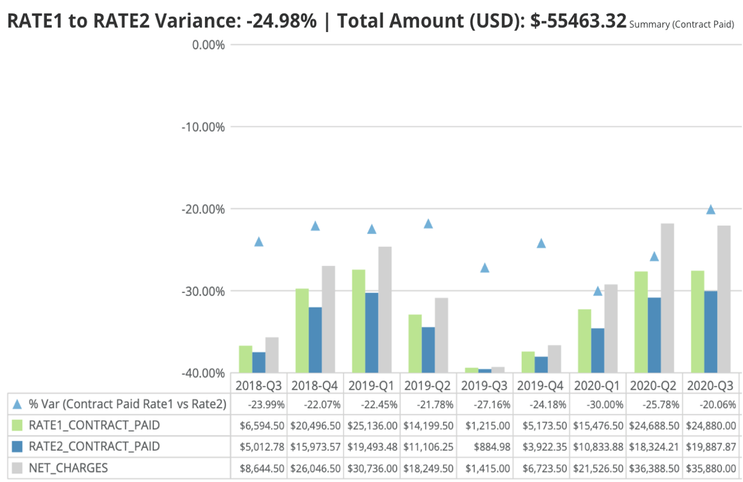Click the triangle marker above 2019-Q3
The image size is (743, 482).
coord(485,268)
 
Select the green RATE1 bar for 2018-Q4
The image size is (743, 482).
coord(302,330)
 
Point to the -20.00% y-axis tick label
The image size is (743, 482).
coord(202,209)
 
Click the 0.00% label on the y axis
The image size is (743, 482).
coord(208,45)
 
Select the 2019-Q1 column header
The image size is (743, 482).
coord(371,386)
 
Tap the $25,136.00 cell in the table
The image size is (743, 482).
coord(371,425)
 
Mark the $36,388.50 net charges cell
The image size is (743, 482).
coord(655,468)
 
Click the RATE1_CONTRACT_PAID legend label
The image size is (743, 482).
coord(94,425)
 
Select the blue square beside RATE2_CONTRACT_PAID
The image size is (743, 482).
coord(17,446)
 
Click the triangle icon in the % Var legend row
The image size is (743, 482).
coord(17,404)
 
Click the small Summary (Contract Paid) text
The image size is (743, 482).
coord(681,25)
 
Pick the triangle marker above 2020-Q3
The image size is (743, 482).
coord(710,210)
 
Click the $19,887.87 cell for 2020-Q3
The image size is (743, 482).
coord(710,446)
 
